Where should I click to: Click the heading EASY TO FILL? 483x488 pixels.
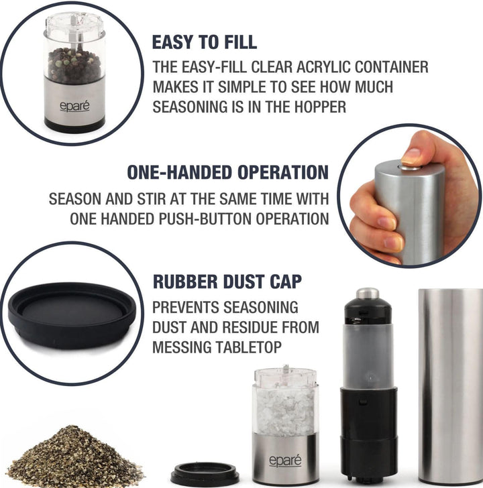point(205,42)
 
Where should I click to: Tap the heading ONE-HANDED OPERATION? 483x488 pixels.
point(227,172)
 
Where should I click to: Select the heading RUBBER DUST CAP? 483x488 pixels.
point(227,282)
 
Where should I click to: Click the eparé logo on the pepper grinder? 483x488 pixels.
point(74,106)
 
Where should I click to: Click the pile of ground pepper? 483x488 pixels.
point(74,456)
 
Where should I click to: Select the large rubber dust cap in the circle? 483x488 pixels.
point(72,315)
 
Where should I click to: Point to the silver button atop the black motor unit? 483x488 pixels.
point(368,293)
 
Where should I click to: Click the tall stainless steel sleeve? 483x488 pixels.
point(449,387)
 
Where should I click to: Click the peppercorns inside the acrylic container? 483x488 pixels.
point(74,65)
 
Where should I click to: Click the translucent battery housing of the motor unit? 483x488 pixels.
point(368,355)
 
